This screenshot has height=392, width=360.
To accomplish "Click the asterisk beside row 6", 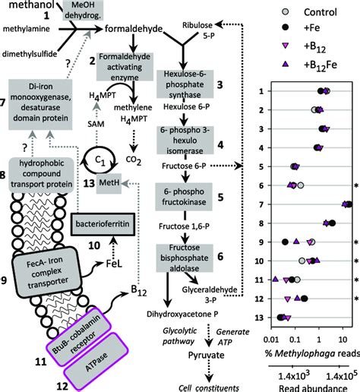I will [x=355, y=185].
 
